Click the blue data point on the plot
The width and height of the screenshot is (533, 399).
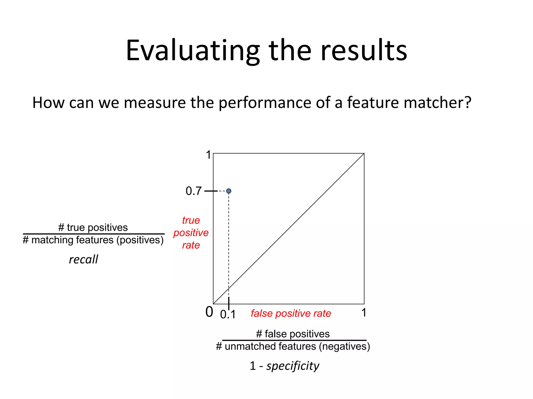(229, 191)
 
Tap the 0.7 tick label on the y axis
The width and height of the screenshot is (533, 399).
(193, 191)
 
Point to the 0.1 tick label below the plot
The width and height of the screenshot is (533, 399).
(228, 315)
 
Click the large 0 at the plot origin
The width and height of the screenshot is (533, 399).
(209, 312)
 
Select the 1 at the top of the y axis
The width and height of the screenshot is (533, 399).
(208, 155)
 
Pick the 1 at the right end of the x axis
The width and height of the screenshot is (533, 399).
(364, 312)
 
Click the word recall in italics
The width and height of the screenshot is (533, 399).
(84, 260)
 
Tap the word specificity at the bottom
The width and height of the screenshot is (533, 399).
(293, 366)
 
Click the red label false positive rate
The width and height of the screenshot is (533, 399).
(291, 314)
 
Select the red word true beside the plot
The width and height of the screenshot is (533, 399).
(191, 220)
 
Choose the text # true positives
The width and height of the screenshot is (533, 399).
(93, 228)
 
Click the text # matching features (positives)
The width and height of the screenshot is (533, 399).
(93, 240)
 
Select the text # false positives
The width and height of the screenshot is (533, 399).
(293, 334)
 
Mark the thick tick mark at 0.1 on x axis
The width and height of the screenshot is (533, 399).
(229, 303)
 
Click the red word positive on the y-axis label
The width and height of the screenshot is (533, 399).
(191, 233)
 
